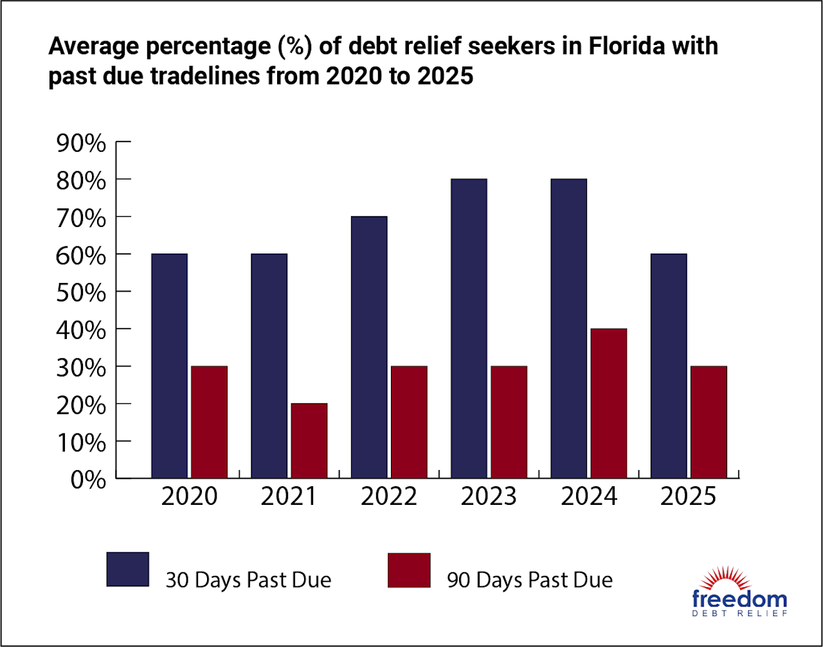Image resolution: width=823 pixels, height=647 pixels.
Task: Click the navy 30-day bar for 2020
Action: coord(169,366)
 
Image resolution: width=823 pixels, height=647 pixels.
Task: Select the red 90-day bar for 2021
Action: coord(309,441)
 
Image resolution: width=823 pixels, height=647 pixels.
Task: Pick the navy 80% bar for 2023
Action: coord(469,329)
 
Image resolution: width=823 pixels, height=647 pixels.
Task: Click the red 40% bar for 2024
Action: coord(608,403)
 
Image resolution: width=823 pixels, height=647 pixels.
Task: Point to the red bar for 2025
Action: coord(708,422)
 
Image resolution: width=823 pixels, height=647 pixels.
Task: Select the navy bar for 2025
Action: coord(668,366)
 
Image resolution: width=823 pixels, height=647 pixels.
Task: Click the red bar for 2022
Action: coord(408,422)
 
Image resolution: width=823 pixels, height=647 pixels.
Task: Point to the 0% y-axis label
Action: coord(88,480)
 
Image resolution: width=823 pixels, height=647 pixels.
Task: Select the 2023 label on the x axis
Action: coord(489,497)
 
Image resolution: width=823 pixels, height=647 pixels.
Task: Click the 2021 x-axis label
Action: coord(289,497)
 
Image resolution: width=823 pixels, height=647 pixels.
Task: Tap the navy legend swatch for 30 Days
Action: coord(128,569)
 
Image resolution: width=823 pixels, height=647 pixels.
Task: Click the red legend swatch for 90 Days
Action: coord(409,570)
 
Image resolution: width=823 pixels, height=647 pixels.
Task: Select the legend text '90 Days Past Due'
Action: coord(530,579)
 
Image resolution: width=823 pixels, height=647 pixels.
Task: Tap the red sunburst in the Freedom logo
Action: coord(739,579)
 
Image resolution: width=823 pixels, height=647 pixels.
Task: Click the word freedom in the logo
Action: coord(739,599)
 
